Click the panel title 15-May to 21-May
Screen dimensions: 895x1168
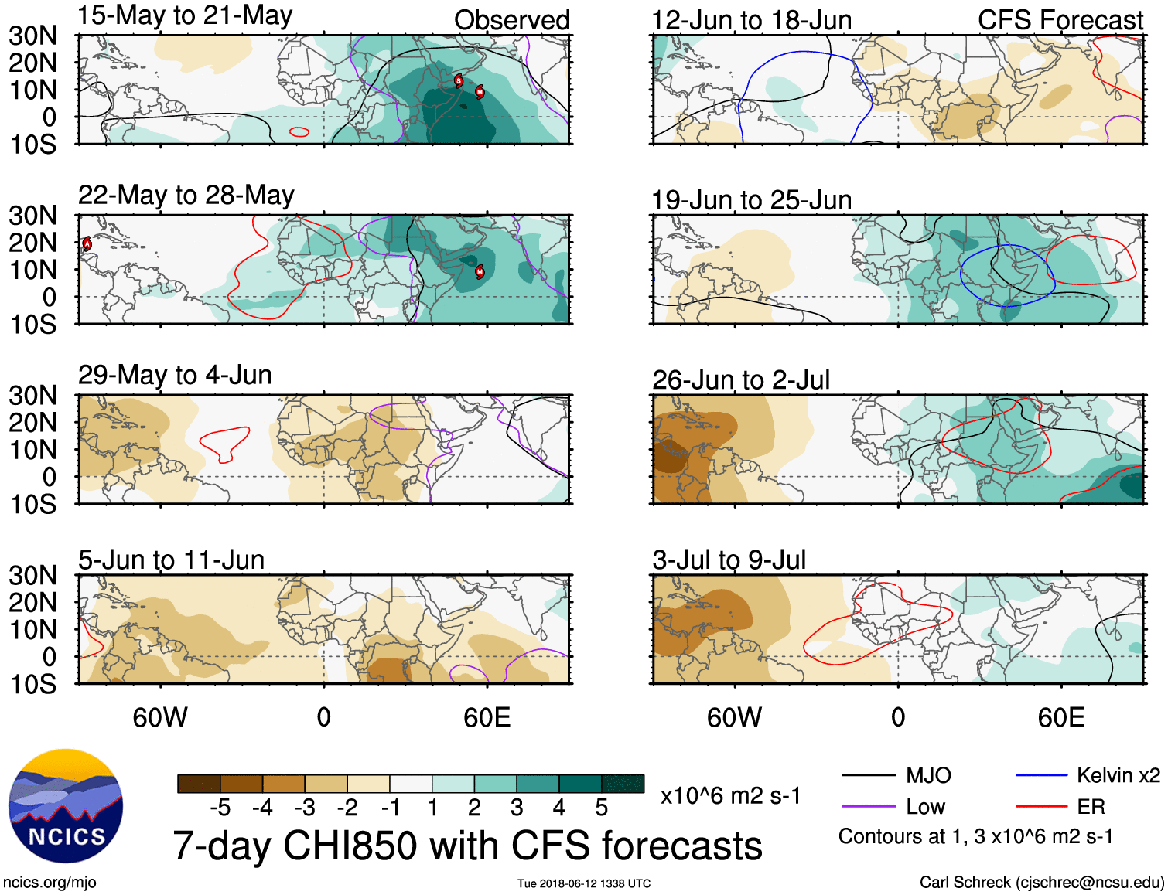tap(185, 15)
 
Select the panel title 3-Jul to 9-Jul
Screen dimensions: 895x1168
tap(729, 560)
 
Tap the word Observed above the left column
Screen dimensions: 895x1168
tap(511, 20)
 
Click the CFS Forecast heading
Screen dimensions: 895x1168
tap(1060, 20)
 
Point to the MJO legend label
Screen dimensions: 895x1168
tap(928, 775)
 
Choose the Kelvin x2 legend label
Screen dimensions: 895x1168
tap(1118, 775)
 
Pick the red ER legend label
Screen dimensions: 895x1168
tap(1091, 807)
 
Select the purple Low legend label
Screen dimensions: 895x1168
tap(925, 807)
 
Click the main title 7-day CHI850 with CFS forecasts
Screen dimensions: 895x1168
tap(467, 846)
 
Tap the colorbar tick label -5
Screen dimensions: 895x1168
tap(220, 808)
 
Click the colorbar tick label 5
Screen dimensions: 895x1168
tap(601, 808)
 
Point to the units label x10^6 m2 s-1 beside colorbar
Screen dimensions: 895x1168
tap(730, 795)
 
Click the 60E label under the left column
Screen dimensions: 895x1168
tap(487, 717)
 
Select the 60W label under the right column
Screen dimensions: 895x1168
tap(734, 717)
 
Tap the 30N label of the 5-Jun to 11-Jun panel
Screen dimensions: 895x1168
tap(32, 575)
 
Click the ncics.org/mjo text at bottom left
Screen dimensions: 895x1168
tap(50, 883)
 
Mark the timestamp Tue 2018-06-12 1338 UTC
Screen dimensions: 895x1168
tap(584, 883)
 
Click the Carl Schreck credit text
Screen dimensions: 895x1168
tap(1041, 883)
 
